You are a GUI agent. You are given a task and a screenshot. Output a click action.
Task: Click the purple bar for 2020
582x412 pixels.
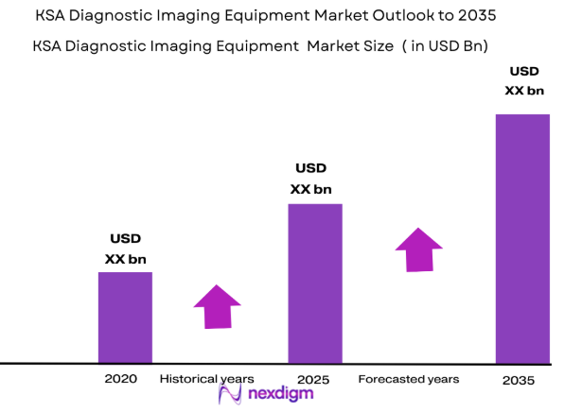[x=125, y=317]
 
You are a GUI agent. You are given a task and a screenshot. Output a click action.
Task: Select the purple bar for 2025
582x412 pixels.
[x=315, y=283]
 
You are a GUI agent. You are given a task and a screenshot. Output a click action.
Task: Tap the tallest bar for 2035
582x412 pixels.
[x=522, y=238]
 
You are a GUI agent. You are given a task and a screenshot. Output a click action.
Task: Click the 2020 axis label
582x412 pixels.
[x=121, y=378]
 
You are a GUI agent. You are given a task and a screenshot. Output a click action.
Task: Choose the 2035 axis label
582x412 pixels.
[x=520, y=380]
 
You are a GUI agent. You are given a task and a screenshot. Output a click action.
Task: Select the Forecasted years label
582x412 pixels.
[x=409, y=378]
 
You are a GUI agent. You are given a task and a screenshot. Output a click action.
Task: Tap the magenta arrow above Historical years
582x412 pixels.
[x=217, y=305]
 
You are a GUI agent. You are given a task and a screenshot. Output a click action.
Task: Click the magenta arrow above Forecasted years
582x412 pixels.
[x=419, y=249]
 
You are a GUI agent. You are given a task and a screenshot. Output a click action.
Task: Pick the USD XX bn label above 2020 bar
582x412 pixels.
[x=125, y=249]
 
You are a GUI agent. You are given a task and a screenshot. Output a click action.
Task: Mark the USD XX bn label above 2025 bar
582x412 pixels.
[x=310, y=179]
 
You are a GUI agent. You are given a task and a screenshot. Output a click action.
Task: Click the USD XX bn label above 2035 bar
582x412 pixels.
[x=524, y=80]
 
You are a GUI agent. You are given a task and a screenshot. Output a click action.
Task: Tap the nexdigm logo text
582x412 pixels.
[x=281, y=395]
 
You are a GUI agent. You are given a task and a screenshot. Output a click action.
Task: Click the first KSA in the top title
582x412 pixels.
[x=52, y=16]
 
